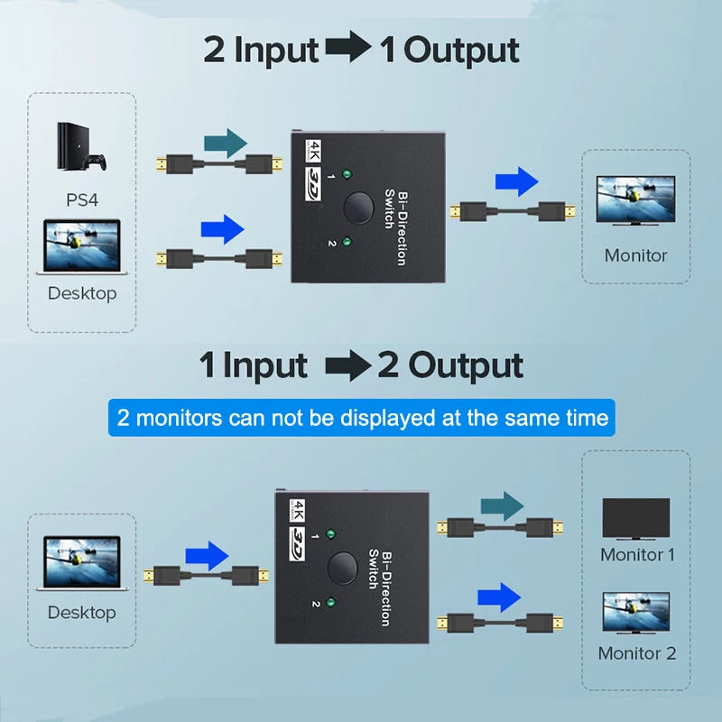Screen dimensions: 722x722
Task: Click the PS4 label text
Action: tap(82, 199)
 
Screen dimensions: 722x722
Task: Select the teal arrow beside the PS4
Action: tap(225, 141)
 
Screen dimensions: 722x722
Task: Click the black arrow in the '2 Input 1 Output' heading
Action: tap(347, 50)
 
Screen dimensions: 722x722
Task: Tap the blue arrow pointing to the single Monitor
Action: tap(516, 182)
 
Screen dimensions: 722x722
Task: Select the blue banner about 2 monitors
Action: tap(361, 418)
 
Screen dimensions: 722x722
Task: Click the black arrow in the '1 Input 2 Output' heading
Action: tap(347, 366)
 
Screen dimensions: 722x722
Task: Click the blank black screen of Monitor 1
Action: tap(636, 519)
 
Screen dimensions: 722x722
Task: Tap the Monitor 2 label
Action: tap(637, 653)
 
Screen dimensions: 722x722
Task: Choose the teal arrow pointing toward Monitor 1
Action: tap(502, 505)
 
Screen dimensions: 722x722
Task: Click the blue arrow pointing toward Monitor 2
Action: tap(499, 597)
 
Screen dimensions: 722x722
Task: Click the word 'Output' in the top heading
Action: tap(461, 50)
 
